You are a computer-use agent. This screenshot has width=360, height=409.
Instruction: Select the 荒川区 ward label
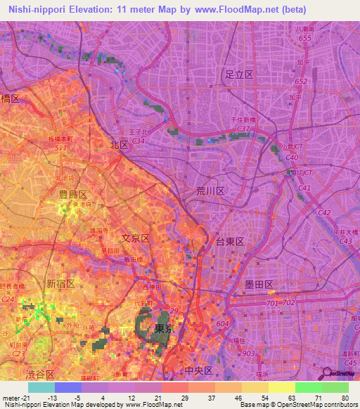click(x=210, y=191)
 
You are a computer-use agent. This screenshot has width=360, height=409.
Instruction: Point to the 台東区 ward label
click(x=229, y=241)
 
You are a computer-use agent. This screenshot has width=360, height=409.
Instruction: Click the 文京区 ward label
click(x=136, y=238)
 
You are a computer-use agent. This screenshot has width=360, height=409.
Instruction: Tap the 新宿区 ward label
click(x=61, y=283)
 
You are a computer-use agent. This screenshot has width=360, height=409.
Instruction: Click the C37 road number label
click(x=244, y=129)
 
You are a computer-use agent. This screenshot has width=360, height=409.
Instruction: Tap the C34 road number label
click(x=138, y=141)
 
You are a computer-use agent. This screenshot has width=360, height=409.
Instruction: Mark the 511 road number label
click(x=60, y=148)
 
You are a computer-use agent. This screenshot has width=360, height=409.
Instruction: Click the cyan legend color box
click(x=41, y=387)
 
